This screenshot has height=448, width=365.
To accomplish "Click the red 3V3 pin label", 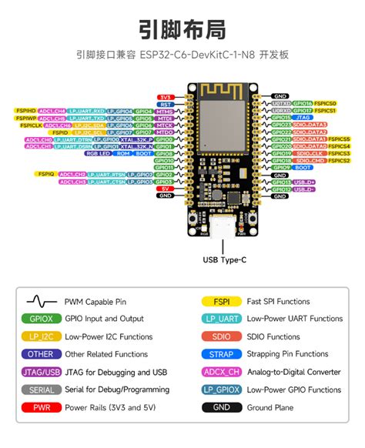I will tap(165, 97).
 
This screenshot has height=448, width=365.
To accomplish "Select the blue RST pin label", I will tap(165, 104).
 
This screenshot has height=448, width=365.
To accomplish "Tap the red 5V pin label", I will tap(165, 189).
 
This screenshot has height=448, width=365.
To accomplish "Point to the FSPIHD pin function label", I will tap(25, 111).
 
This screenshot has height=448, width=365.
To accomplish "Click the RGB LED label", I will tap(98, 153).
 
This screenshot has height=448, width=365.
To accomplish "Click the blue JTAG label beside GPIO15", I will tap(303, 118).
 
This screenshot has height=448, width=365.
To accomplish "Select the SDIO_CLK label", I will tap(307, 153).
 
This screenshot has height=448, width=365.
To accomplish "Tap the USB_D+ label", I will tap(304, 182).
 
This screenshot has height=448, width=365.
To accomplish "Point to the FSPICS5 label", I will tap(339, 139).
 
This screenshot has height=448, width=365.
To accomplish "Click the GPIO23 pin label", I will tap(281, 125).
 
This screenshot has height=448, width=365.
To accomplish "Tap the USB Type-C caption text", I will tap(225, 260).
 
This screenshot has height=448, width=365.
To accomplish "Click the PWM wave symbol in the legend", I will tap(41, 302).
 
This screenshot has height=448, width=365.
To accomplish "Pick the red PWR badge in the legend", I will tap(41, 407).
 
